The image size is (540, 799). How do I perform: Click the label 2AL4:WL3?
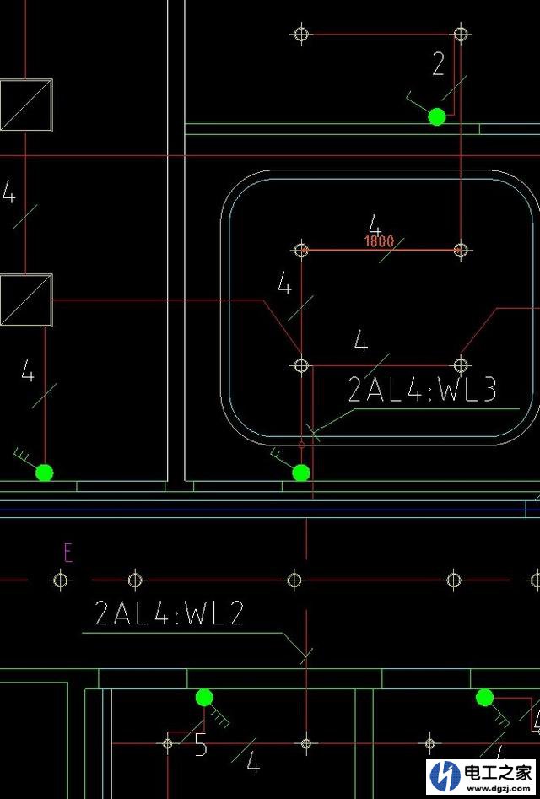click(423, 390)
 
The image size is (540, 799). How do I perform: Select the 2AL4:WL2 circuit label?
click(170, 613)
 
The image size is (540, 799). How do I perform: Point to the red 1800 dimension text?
click(380, 241)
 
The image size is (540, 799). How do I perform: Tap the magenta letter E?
click(68, 553)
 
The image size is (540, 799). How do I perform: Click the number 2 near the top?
click(438, 63)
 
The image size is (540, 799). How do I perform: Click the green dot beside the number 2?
click(436, 116)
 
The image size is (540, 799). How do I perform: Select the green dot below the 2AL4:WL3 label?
click(301, 472)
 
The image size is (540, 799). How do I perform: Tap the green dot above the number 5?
click(204, 697)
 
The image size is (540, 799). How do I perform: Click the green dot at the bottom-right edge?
click(484, 697)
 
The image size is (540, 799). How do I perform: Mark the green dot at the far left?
click(45, 472)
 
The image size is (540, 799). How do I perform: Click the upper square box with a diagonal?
click(26, 105)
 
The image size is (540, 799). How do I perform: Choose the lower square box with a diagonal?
click(26, 300)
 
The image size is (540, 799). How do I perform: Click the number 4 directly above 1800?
click(375, 226)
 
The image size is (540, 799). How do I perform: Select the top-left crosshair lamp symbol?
click(301, 34)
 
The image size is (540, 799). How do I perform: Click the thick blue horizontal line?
click(270, 509)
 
